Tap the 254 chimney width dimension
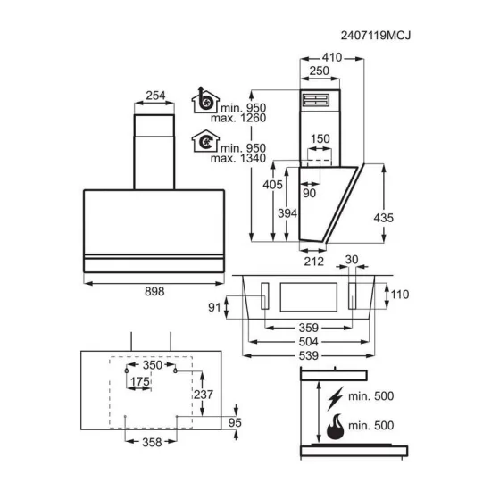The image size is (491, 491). click(154, 96)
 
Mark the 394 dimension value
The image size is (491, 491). click(286, 213)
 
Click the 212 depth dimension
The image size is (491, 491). click(312, 261)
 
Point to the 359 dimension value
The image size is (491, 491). click(309, 327)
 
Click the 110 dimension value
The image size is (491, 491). click(400, 293)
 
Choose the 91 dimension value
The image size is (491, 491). click(213, 308)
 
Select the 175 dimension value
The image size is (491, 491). click(139, 382)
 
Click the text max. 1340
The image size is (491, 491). click(231, 159)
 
